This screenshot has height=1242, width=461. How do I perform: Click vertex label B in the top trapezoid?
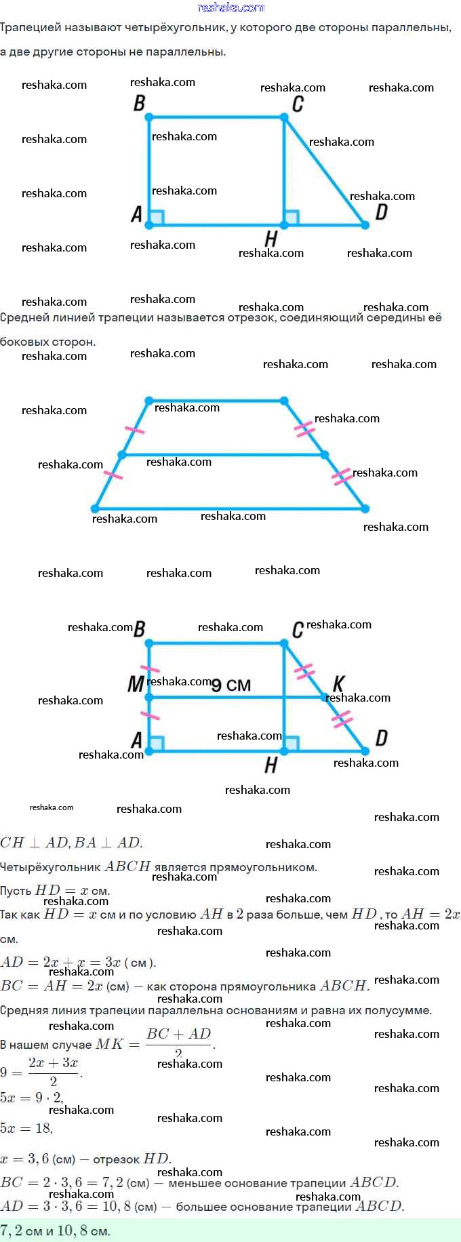(x=139, y=103)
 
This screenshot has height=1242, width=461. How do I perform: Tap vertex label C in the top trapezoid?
(x=297, y=104)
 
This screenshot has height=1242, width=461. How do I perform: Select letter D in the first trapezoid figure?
(x=381, y=212)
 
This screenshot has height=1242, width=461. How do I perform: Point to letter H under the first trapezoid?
(x=270, y=239)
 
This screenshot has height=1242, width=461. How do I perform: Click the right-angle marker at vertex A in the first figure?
(x=157, y=218)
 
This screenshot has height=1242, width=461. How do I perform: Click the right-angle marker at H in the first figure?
(x=292, y=218)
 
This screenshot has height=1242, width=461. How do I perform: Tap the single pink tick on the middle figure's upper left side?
(x=135, y=429)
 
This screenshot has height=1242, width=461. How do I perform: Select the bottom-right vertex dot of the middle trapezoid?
(x=365, y=508)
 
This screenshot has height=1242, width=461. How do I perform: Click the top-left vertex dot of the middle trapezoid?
(x=149, y=401)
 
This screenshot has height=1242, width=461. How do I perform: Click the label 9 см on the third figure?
(x=231, y=685)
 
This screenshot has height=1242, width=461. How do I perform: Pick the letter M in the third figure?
(x=136, y=684)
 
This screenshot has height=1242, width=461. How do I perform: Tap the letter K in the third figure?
(x=338, y=683)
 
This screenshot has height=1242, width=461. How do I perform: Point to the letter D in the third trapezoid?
(x=381, y=738)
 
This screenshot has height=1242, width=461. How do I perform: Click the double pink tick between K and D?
(x=342, y=719)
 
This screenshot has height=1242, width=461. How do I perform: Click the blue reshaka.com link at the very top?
(x=230, y=7)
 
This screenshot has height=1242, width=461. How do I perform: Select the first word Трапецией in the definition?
(x=31, y=28)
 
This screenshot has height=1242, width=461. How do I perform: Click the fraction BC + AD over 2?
(x=179, y=1043)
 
